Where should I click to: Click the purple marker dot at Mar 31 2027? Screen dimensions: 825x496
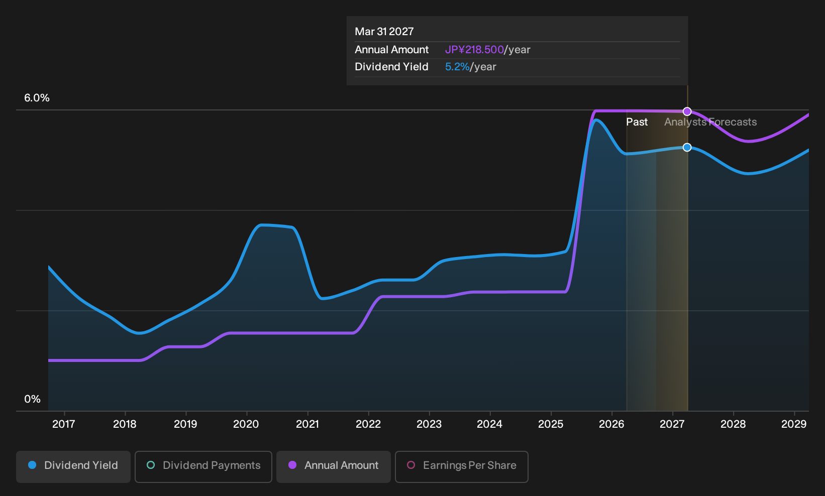coord(687,111)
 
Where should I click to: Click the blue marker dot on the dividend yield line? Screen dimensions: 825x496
coord(687,147)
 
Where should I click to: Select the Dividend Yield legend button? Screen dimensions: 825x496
coord(73,466)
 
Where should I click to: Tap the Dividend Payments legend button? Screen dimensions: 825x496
coord(203,466)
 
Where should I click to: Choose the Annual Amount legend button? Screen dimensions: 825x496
coord(333,466)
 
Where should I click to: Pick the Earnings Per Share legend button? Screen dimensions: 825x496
coord(461,466)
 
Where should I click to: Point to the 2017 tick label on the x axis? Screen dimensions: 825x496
coord(64,424)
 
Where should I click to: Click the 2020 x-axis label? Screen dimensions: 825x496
coord(246,424)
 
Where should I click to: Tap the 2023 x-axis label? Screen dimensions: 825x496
coord(429,424)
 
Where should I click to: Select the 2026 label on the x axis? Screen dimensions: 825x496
coord(611,424)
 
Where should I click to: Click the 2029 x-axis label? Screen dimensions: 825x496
coord(794,424)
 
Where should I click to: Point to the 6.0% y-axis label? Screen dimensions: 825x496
coord(37,98)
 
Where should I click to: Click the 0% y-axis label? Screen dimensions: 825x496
coord(33,399)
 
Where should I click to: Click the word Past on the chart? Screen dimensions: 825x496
coord(637,122)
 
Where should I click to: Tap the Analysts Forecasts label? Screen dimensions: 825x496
coord(710,122)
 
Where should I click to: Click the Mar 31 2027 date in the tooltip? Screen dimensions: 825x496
coord(384,32)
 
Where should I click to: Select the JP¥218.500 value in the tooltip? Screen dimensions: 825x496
coord(474,50)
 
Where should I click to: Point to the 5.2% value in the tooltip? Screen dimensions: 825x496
coord(457,67)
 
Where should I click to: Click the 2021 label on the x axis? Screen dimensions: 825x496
coord(307,424)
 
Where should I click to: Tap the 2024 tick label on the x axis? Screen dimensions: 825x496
coord(490,424)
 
